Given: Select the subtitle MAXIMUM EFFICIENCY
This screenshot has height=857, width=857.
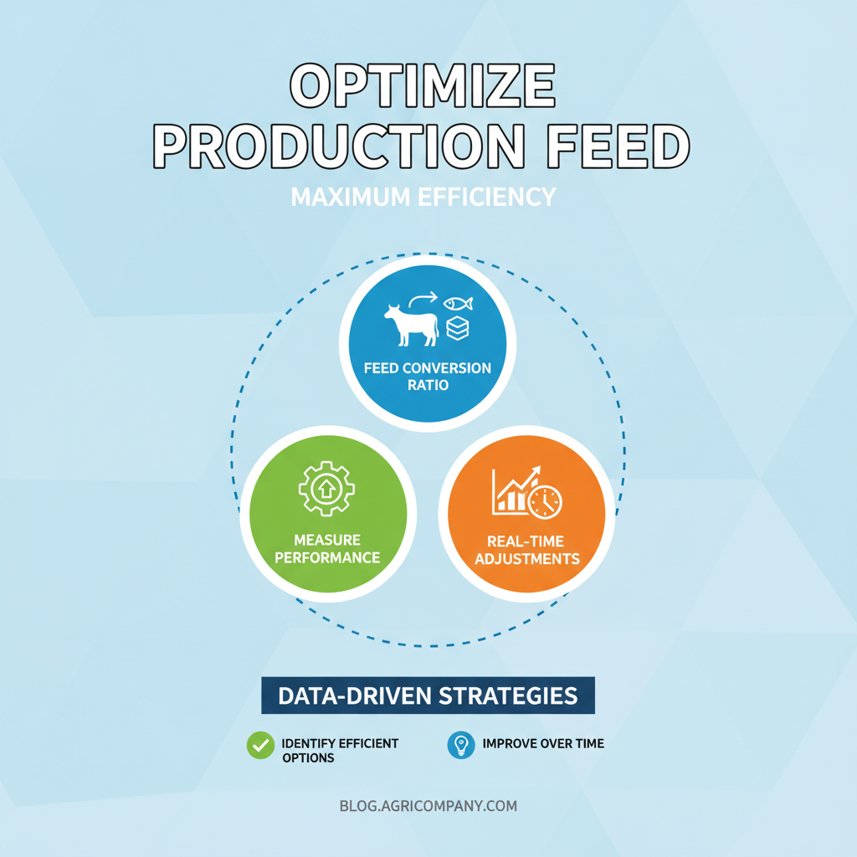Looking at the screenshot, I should [423, 198].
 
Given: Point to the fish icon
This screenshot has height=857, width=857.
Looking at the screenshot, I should [458, 303].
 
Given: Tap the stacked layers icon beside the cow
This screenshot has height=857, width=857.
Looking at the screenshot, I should [458, 329].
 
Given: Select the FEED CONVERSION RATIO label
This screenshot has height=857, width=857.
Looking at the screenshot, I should [428, 377].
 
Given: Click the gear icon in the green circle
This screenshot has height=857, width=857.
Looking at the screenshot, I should [326, 486].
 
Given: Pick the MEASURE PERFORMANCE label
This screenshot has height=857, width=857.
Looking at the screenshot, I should [326, 549].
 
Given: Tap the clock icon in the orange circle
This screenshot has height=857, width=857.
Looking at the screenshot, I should [545, 501].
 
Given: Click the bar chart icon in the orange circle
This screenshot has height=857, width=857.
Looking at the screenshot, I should [511, 494].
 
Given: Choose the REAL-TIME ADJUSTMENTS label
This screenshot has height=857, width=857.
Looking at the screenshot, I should [526, 550].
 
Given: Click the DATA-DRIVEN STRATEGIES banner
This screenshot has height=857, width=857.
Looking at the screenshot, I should [428, 695].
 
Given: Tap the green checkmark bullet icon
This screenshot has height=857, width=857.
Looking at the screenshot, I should [260, 745].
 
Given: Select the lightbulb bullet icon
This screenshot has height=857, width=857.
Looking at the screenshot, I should [460, 744].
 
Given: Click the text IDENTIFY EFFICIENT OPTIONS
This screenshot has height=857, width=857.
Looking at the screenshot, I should [340, 750].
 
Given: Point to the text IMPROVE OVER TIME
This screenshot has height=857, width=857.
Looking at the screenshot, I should [542, 743].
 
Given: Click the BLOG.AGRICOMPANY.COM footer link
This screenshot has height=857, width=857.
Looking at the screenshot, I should [428, 807].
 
